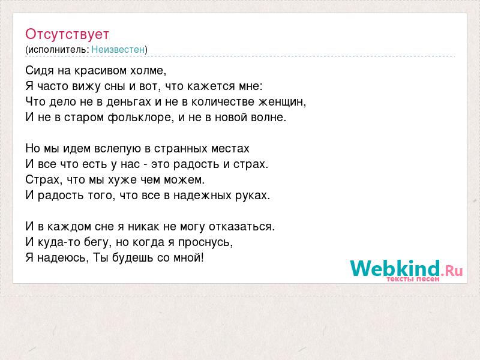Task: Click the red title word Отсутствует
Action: [67, 34]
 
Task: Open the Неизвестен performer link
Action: [118, 50]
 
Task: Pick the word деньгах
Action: [128, 102]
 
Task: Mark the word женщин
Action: [282, 102]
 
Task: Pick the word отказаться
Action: [242, 227]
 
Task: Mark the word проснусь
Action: [205, 242]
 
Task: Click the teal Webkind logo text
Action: [395, 268]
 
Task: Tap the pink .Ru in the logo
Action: [452, 271]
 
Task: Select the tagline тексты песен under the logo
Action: [413, 279]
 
